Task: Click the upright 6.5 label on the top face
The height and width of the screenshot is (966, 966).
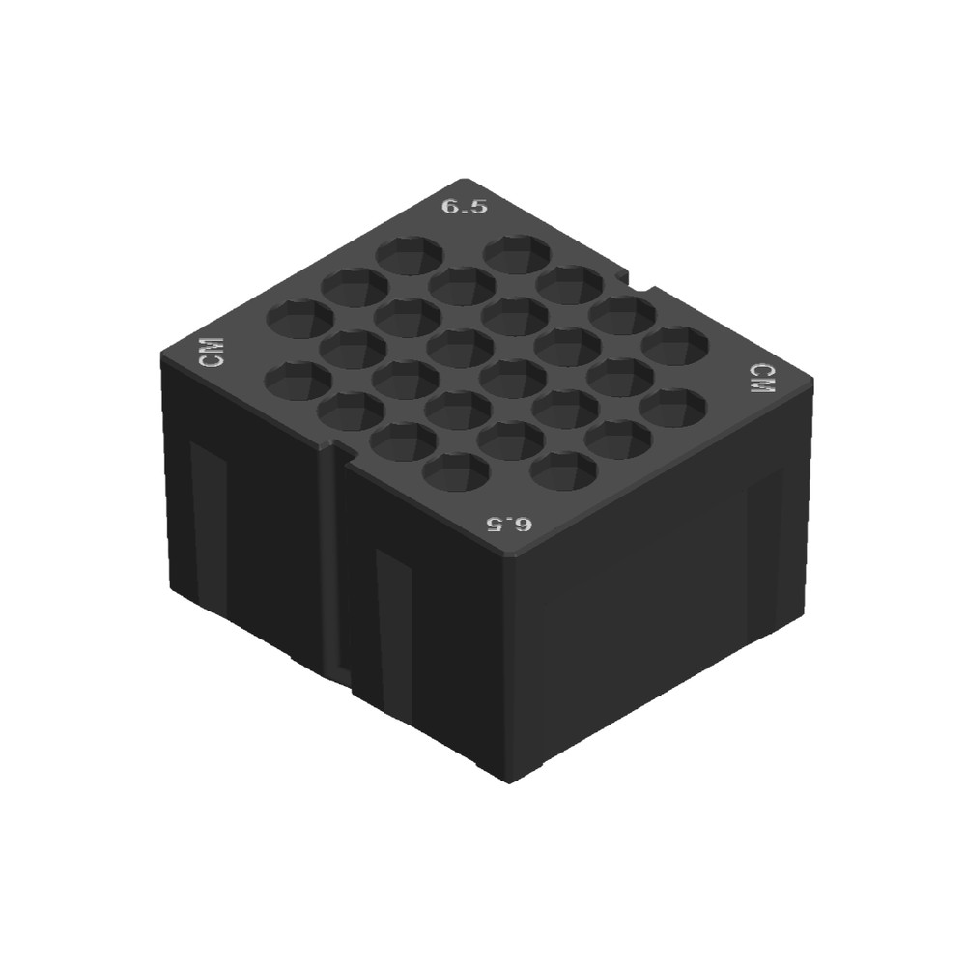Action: (465, 206)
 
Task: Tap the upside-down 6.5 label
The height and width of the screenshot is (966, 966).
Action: (510, 525)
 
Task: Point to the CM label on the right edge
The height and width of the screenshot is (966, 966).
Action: (763, 378)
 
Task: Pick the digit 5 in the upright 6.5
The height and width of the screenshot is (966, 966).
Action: (478, 207)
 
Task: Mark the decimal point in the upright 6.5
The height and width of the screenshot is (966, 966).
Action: (465, 211)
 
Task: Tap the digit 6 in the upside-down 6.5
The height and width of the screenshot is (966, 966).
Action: (525, 525)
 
